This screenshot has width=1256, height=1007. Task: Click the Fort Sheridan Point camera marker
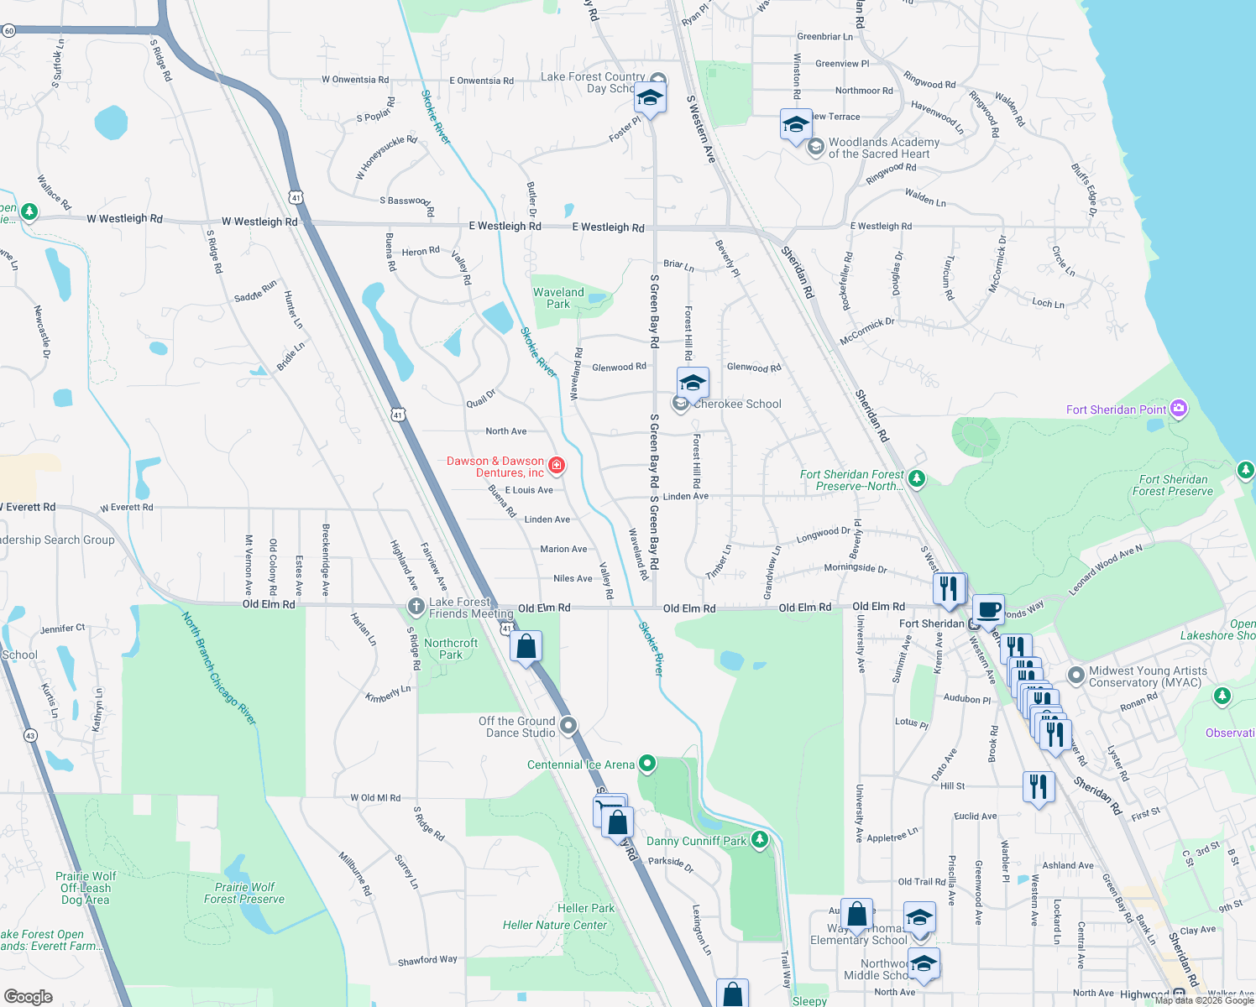click(x=1179, y=409)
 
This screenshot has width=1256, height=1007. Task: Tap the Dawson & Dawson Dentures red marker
click(x=556, y=465)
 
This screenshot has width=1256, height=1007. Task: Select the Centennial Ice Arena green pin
click(x=646, y=764)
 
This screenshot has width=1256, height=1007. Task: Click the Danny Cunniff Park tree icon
click(x=759, y=840)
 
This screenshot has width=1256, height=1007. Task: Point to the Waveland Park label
click(x=558, y=298)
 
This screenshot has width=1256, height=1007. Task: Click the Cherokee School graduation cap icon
click(x=693, y=383)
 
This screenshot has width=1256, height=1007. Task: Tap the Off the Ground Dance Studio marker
click(x=568, y=725)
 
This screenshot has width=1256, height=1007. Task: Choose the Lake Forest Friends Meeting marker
click(x=416, y=606)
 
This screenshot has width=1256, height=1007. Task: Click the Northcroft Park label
click(x=451, y=649)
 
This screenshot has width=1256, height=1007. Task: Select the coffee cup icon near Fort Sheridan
click(x=988, y=609)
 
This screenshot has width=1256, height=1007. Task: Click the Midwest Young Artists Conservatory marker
click(x=1075, y=675)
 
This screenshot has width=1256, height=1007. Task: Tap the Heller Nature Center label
click(x=554, y=925)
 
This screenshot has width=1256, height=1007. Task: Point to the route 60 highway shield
click(x=8, y=31)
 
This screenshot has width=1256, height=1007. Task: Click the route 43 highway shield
click(x=31, y=735)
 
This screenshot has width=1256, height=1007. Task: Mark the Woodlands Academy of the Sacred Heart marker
click(x=815, y=148)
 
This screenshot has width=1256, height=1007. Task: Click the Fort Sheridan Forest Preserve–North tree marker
click(x=917, y=478)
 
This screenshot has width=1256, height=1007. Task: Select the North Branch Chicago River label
click(x=219, y=668)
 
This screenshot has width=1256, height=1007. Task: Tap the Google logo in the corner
click(x=29, y=996)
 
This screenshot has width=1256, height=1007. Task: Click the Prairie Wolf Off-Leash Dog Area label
click(x=86, y=888)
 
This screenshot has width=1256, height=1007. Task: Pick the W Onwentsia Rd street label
click(x=355, y=80)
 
